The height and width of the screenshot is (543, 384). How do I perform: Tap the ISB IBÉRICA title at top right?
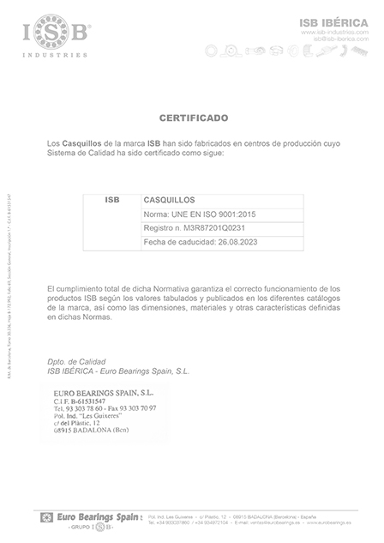(x=332, y=21)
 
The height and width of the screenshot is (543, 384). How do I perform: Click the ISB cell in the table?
(x=112, y=199)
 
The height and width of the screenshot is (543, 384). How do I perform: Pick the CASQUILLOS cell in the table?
(x=171, y=199)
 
